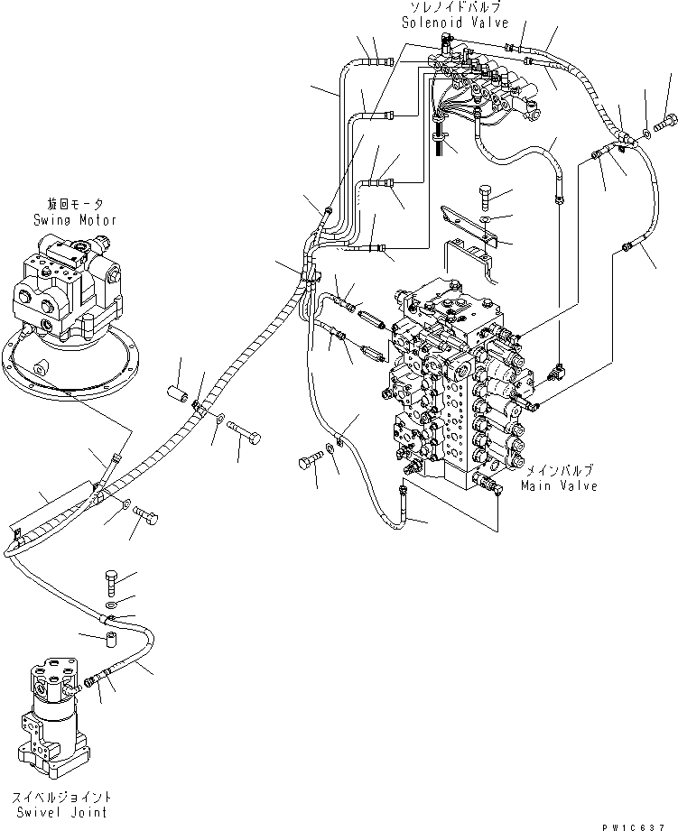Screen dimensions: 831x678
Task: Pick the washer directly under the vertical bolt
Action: click(x=110, y=603)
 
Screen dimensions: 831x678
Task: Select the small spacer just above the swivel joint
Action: click(x=110, y=643)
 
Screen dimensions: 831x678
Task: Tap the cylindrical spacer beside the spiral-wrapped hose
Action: click(x=176, y=395)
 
